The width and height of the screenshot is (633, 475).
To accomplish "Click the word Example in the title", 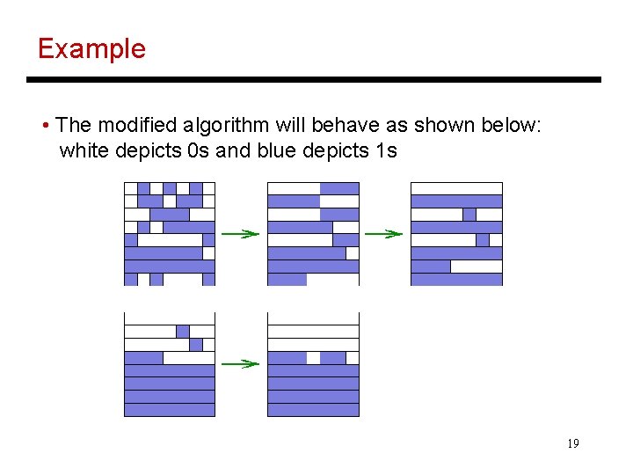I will pyautogui.click(x=91, y=48).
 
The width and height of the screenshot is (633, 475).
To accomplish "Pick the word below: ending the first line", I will pyautogui.click(x=512, y=125).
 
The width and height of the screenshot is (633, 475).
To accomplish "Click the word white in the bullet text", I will pyautogui.click(x=82, y=150).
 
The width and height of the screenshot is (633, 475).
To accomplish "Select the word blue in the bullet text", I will pyautogui.click(x=277, y=150).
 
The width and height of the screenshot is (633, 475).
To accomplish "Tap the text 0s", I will pyautogui.click(x=199, y=150).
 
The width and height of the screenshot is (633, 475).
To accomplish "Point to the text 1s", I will pyautogui.click(x=385, y=150).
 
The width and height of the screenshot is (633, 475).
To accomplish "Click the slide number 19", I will pyautogui.click(x=572, y=443).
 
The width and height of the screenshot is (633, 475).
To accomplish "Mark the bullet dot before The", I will pyautogui.click(x=45, y=125).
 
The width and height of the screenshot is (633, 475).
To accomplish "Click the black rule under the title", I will pyautogui.click(x=314, y=79).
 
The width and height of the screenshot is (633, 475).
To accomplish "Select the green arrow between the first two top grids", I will pyautogui.click(x=240, y=234).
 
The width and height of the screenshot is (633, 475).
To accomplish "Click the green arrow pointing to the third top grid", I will pyautogui.click(x=384, y=234).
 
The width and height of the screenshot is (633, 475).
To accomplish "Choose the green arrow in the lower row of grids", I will pyautogui.click(x=240, y=363).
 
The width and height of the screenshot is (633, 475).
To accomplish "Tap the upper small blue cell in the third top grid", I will pyautogui.click(x=469, y=214).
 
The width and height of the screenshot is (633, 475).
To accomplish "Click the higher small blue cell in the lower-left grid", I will pyautogui.click(x=182, y=332).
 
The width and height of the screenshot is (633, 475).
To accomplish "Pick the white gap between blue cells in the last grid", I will pyautogui.click(x=313, y=358).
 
